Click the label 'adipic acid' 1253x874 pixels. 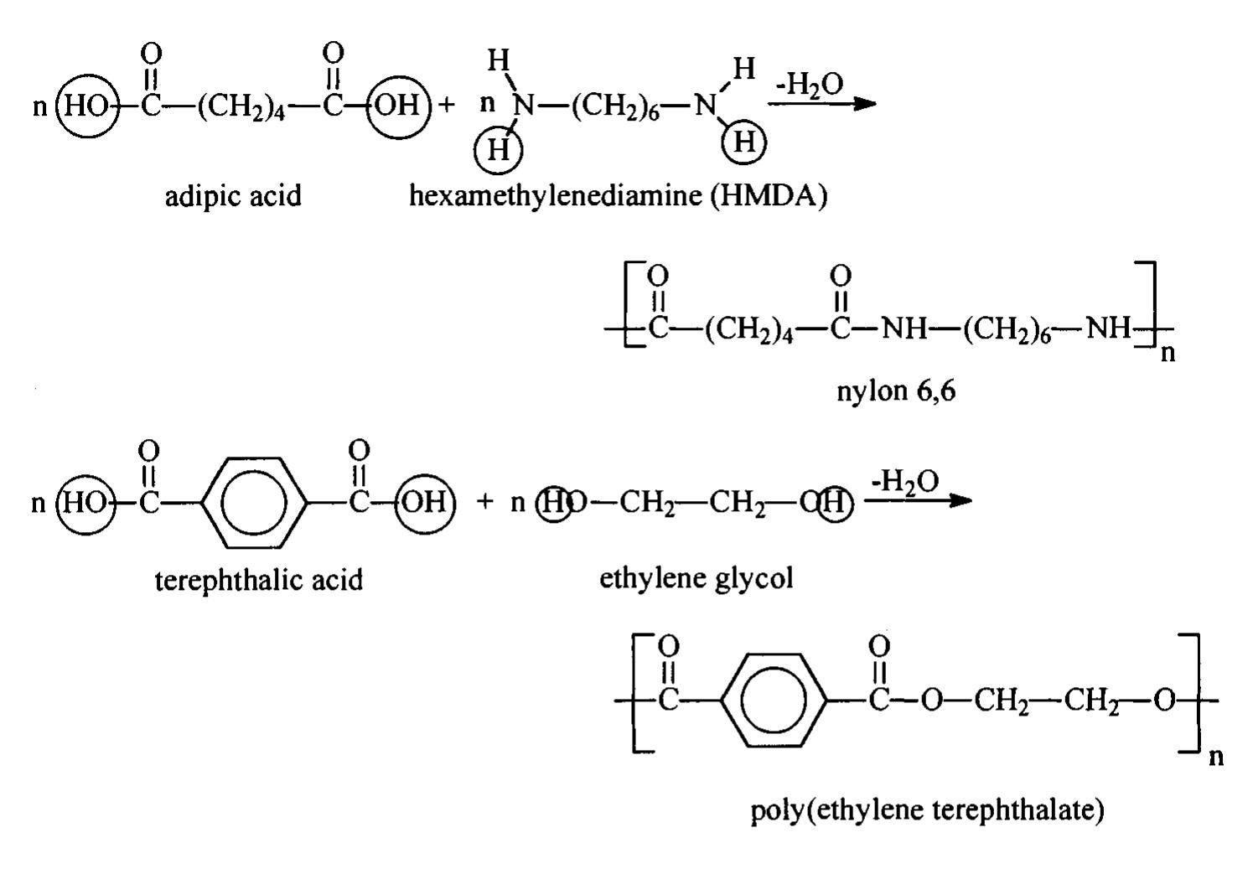click(233, 197)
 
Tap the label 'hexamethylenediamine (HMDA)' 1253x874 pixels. click(618, 197)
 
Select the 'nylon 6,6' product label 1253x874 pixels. click(896, 391)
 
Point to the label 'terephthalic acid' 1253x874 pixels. click(258, 580)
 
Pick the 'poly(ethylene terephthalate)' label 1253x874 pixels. click(927, 810)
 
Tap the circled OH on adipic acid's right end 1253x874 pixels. click(398, 106)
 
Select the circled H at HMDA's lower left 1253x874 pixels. click(498, 150)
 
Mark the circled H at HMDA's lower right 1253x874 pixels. click(743, 142)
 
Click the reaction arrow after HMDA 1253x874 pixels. click(821, 103)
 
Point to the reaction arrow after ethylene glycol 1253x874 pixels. click(918, 500)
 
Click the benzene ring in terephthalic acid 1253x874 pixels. click(254, 503)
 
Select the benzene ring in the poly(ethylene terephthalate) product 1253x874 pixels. click(773, 700)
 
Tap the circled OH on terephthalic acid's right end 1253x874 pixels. click(425, 504)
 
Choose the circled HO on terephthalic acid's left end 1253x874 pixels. click(86, 504)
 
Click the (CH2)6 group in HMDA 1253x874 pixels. click(614, 106)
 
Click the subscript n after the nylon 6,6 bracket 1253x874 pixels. click(1168, 354)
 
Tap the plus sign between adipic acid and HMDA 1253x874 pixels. click(447, 105)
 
